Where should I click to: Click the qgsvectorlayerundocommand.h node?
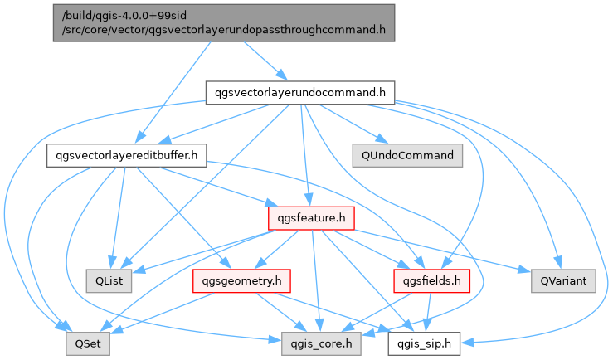click(299, 92)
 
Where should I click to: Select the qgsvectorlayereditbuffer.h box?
click(126, 155)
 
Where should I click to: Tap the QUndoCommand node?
click(406, 155)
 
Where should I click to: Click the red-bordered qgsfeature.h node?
click(311, 218)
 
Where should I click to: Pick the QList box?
click(108, 281)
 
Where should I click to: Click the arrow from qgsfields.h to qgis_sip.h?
click(428, 313)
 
